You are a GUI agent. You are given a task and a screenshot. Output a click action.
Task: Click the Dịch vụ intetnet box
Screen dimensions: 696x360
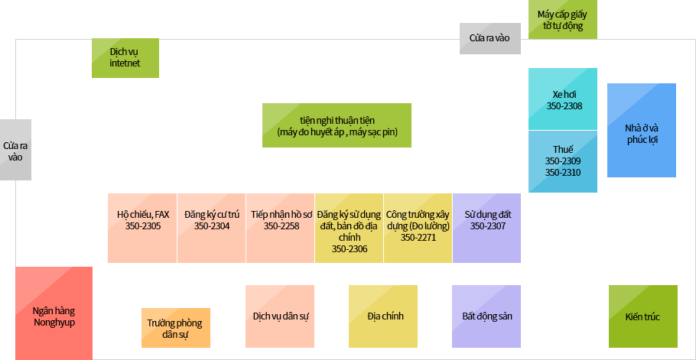click(125, 58)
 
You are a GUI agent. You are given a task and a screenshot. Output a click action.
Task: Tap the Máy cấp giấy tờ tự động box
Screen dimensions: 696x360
click(562, 20)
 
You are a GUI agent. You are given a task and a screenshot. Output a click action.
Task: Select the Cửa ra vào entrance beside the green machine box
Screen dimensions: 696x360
click(490, 38)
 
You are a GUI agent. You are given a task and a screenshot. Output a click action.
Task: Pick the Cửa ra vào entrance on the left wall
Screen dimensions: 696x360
click(15, 150)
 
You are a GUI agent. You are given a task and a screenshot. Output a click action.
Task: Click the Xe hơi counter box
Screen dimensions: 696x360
click(563, 99)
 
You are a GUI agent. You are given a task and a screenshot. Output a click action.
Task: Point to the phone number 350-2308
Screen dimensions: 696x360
click(564, 106)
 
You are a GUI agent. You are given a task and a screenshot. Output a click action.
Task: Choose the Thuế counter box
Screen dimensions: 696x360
click(563, 161)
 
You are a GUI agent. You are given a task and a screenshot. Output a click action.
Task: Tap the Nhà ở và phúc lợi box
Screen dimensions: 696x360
click(642, 131)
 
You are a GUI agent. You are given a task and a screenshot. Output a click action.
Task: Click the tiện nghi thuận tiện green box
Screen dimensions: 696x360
click(337, 125)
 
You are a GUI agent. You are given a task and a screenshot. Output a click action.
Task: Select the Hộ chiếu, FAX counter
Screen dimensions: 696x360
click(142, 228)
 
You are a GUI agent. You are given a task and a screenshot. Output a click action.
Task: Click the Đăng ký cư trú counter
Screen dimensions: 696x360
click(211, 228)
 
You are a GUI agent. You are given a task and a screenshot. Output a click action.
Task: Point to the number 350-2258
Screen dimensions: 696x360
click(281, 226)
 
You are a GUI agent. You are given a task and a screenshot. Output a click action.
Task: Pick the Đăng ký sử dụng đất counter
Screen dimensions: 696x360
click(349, 228)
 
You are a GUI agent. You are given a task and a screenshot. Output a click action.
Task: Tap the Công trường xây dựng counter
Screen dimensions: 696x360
click(418, 228)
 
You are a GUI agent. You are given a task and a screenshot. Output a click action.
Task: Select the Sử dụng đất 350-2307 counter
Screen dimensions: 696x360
click(487, 228)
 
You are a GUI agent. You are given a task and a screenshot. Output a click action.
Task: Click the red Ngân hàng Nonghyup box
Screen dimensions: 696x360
click(54, 313)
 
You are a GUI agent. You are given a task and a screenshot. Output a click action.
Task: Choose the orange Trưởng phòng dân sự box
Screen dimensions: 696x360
click(176, 328)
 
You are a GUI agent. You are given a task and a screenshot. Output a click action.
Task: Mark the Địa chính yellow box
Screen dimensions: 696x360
click(383, 316)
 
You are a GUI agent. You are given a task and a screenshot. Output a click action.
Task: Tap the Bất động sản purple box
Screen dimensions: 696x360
click(486, 316)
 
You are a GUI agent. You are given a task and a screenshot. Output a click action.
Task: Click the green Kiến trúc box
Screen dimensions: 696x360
click(643, 316)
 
